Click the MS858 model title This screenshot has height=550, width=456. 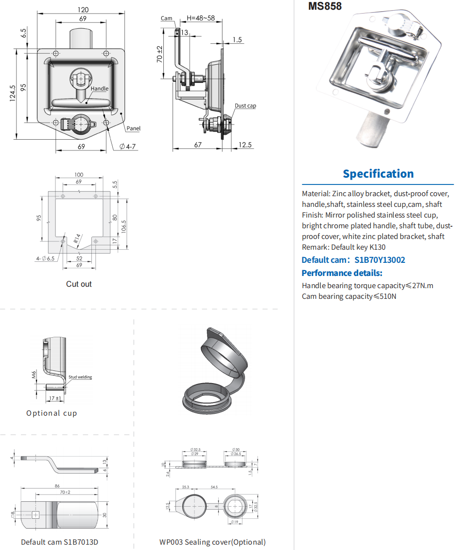325,6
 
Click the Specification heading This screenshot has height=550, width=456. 378,174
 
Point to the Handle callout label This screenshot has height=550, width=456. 100,89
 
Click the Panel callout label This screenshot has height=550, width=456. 134,128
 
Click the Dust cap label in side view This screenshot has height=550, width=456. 245,106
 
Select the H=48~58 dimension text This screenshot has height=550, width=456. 201,18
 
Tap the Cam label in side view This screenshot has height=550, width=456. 167,18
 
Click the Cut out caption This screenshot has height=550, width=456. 79,284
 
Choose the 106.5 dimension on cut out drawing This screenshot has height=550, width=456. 124,227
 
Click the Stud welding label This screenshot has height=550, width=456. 80,377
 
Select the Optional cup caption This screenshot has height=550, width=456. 52,413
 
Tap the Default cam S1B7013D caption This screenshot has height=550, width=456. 59,542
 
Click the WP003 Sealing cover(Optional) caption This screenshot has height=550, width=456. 212,542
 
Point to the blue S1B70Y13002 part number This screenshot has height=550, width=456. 380,260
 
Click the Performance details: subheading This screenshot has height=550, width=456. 342,273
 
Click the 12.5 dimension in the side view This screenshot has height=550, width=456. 246,145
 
